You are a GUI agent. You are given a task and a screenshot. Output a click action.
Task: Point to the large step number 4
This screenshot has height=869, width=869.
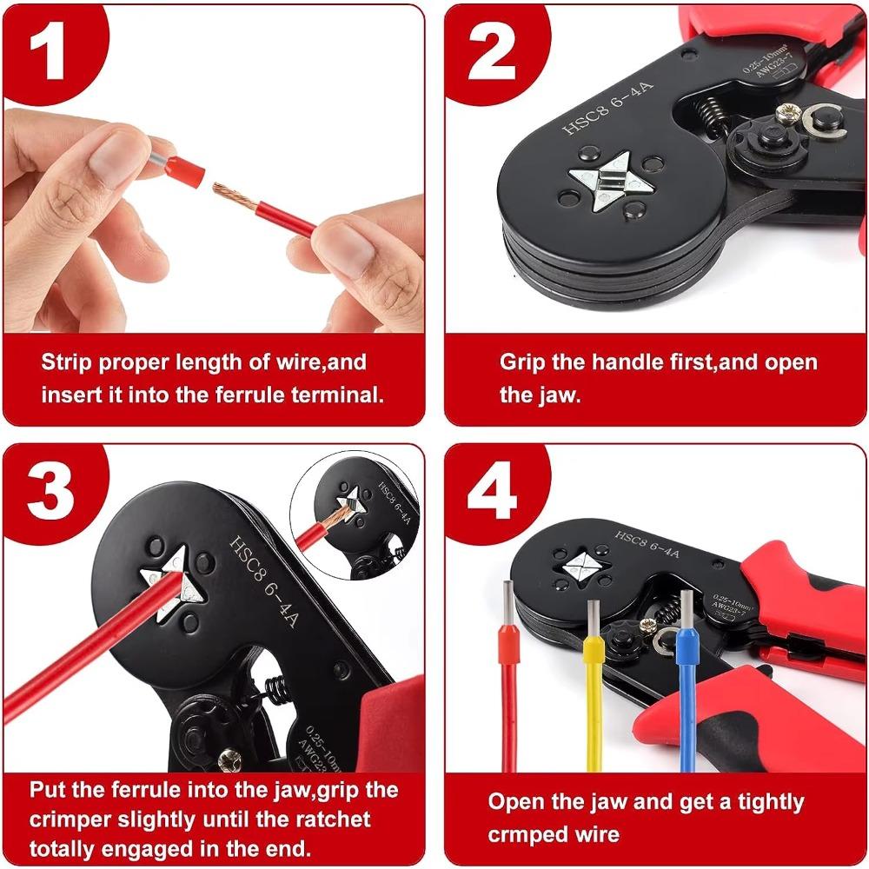tap(492, 494)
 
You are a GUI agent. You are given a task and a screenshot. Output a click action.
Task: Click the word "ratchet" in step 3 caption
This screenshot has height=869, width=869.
tap(325, 819)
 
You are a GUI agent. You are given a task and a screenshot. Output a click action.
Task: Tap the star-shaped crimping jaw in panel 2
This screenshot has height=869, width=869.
tap(599, 179)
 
